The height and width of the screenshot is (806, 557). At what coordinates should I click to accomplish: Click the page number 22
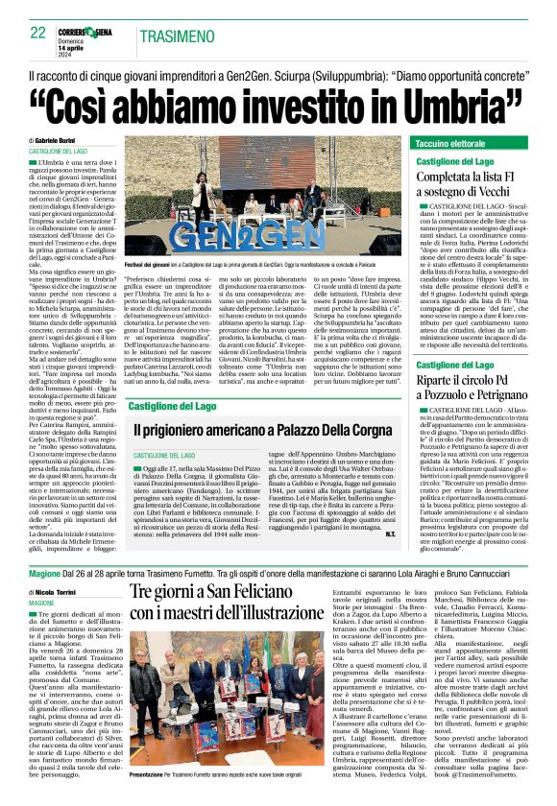(38, 33)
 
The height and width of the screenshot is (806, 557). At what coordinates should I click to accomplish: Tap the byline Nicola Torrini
(64, 593)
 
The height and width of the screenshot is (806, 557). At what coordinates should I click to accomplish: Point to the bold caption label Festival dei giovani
(149, 263)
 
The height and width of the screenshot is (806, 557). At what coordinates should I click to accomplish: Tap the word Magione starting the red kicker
(44, 572)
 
